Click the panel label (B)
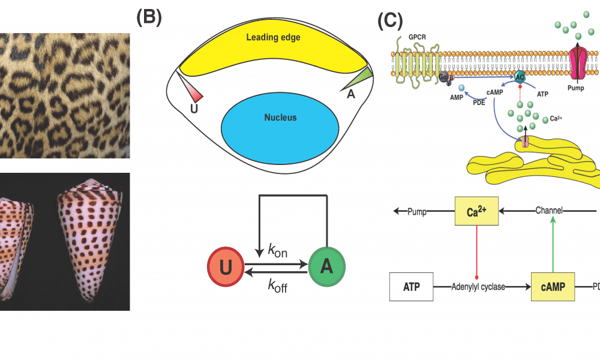tap(149, 17)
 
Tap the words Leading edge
tap(273, 38)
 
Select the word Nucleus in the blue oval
tap(280, 118)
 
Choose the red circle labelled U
tap(225, 267)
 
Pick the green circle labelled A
tap(327, 267)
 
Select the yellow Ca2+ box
tap(476, 211)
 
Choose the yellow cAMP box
tap(551, 286)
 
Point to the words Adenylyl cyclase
tap(478, 287)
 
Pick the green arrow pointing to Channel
tap(551, 243)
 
